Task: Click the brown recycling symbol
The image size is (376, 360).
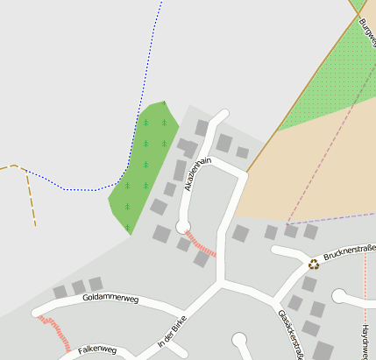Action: point(314,263)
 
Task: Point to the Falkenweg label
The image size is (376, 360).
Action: point(97,349)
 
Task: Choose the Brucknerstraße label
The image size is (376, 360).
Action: point(349,254)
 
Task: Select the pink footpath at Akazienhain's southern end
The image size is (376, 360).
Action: point(202,243)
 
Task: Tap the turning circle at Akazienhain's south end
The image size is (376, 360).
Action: point(183,227)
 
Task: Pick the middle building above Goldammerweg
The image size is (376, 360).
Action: point(78,287)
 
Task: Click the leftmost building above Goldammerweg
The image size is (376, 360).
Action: point(60,292)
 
